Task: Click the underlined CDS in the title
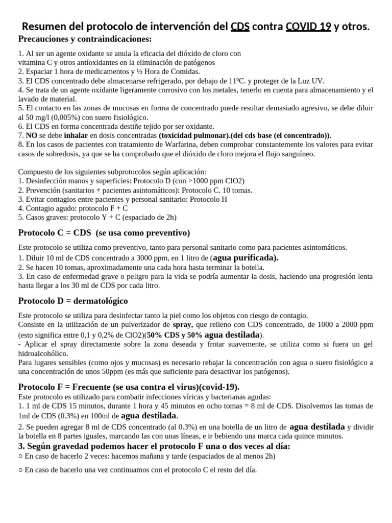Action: point(240,27)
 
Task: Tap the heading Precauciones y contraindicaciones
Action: point(85,39)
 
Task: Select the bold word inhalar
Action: point(76,135)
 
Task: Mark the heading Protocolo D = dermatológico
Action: point(73,300)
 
